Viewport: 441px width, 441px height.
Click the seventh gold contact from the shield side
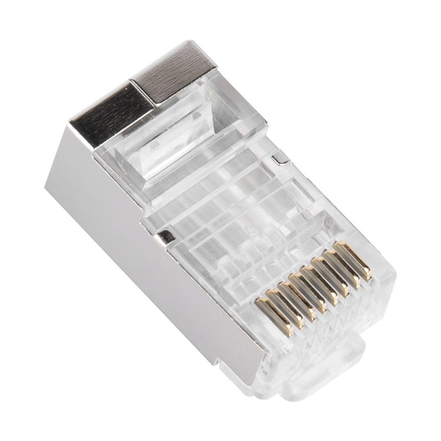(340, 264)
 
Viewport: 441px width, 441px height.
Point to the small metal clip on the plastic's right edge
(277, 157)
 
